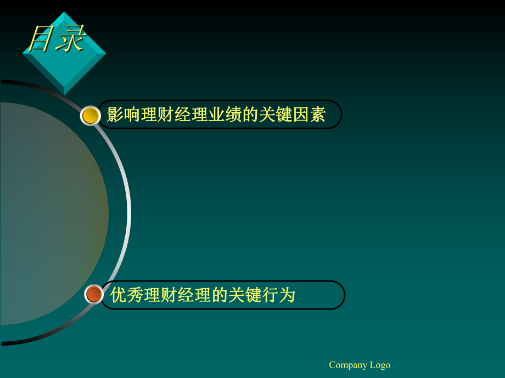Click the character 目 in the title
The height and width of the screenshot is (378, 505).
41,38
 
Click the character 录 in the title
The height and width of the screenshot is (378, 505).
71,38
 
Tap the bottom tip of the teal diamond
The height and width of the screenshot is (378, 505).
64,95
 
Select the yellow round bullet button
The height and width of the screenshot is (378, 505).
91,116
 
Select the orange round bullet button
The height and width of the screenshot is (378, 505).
94,294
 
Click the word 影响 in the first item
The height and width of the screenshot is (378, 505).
124,114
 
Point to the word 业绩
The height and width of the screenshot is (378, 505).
225,114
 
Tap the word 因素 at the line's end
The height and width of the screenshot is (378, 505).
309,114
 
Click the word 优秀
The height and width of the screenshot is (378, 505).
127,295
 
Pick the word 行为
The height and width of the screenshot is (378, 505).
279,295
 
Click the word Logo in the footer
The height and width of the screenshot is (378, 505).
380,365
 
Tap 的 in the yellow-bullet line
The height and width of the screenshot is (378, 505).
250,114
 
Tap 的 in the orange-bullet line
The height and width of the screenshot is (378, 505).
220,295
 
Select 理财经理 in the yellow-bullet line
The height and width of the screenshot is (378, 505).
174,114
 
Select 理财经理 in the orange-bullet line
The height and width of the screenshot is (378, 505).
177,295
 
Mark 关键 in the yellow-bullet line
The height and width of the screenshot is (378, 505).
276,114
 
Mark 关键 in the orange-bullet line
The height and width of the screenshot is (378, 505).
245,295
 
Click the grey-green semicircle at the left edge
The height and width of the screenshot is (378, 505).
52,214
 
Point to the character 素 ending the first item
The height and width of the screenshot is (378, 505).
318,114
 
